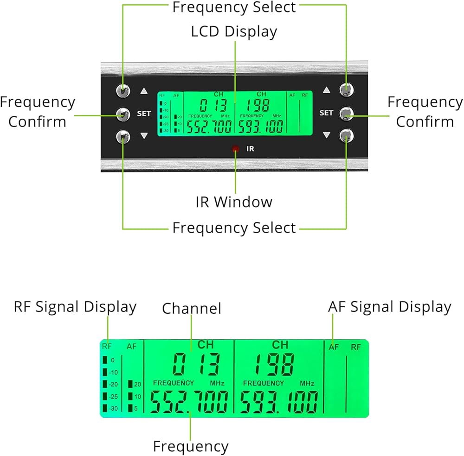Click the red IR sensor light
pyautogui.click(x=235, y=149)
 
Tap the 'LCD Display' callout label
pyautogui.click(x=234, y=32)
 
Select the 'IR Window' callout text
pyautogui.click(x=234, y=202)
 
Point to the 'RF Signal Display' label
pyautogui.click(x=75, y=307)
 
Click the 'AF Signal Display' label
pyautogui.click(x=390, y=307)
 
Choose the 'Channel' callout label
pyautogui.click(x=192, y=308)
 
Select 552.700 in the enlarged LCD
pyautogui.click(x=189, y=401)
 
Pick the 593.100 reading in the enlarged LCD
pyautogui.click(x=279, y=401)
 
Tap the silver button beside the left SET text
pyautogui.click(x=123, y=113)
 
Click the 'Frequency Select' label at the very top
pyautogui.click(x=234, y=7)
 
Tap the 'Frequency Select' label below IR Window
pyautogui.click(x=234, y=228)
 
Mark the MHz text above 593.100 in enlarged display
pyautogui.click(x=307, y=383)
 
